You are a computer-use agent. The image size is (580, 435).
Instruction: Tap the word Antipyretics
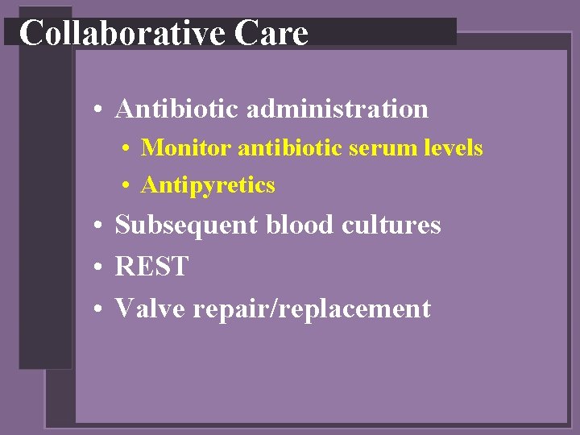[x=208, y=185]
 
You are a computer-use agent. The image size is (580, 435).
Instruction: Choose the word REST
[x=151, y=267]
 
